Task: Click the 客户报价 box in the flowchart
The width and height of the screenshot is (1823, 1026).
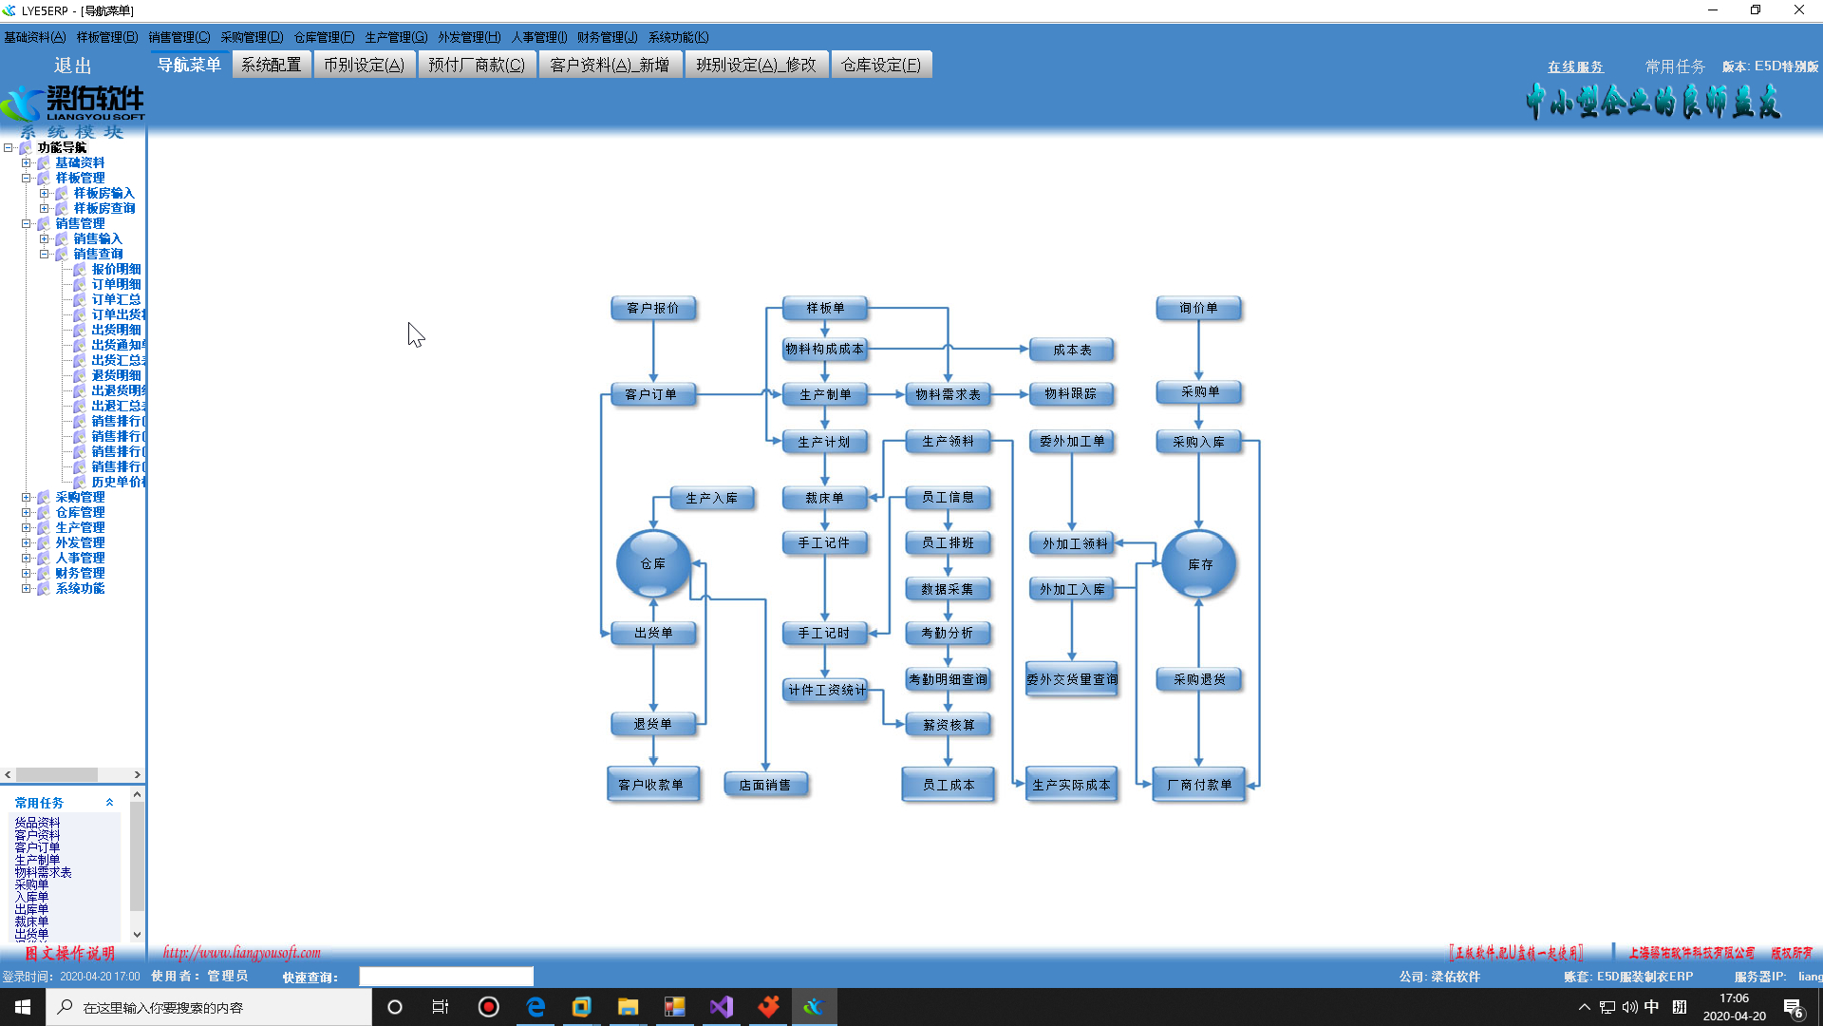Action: click(653, 308)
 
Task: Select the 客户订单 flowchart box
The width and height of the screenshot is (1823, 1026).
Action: click(651, 394)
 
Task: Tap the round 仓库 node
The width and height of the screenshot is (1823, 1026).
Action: click(653, 563)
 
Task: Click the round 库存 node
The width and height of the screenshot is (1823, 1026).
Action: click(1199, 563)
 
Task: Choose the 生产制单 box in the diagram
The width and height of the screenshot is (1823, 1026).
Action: click(824, 394)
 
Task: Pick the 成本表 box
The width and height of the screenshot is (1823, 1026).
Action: click(1071, 350)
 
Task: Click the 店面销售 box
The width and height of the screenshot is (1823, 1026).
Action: click(764, 785)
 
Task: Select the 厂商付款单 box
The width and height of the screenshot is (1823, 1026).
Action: click(1198, 785)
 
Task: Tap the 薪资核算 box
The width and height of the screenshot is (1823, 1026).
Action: click(948, 725)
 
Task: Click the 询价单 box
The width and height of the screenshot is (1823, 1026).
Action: click(1198, 308)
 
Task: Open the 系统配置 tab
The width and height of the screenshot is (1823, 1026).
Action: click(271, 65)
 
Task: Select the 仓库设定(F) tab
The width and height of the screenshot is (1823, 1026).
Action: click(880, 65)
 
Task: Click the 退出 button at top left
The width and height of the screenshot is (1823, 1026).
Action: click(72, 66)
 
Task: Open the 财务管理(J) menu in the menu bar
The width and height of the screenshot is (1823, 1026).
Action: click(607, 37)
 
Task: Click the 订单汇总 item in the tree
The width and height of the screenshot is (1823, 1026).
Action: click(116, 299)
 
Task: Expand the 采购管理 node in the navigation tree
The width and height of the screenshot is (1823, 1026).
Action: click(27, 497)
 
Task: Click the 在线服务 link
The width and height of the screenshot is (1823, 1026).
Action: click(1575, 66)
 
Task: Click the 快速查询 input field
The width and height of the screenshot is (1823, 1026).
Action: click(445, 977)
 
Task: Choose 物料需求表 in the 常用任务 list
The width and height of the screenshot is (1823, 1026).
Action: click(43, 872)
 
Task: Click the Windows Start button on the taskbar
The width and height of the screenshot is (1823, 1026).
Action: click(23, 1007)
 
